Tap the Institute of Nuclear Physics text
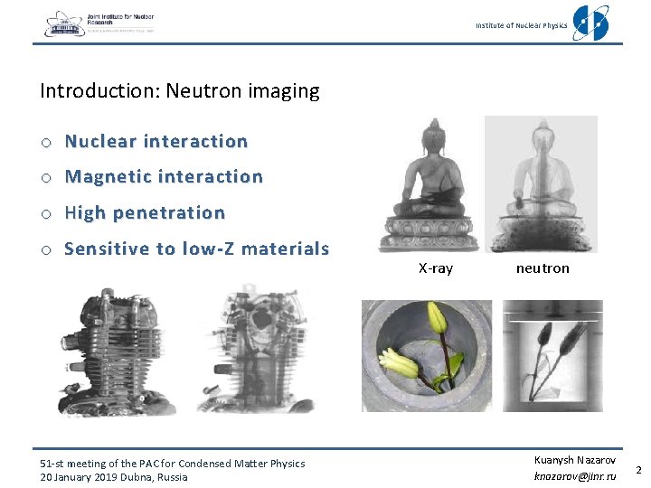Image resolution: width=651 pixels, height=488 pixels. (522, 25)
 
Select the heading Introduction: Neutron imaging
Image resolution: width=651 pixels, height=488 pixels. (180, 91)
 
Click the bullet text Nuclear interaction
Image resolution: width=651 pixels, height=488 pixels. (156, 142)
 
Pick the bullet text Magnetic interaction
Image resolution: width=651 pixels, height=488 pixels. (164, 177)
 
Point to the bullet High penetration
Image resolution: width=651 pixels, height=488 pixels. (145, 213)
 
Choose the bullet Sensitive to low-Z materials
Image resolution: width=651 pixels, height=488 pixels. (196, 249)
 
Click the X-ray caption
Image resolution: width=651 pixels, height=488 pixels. (435, 268)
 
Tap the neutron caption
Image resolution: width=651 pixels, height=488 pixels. (542, 268)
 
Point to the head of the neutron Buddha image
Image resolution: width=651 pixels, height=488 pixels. (542, 137)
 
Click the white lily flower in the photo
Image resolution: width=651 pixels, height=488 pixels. (399, 362)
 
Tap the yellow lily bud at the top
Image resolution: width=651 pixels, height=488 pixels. (438, 316)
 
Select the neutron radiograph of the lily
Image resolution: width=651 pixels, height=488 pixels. (552, 356)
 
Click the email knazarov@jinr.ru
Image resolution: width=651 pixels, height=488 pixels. (574, 475)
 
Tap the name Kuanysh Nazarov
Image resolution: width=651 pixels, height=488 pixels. (575, 460)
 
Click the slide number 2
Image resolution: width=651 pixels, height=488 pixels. (638, 470)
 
